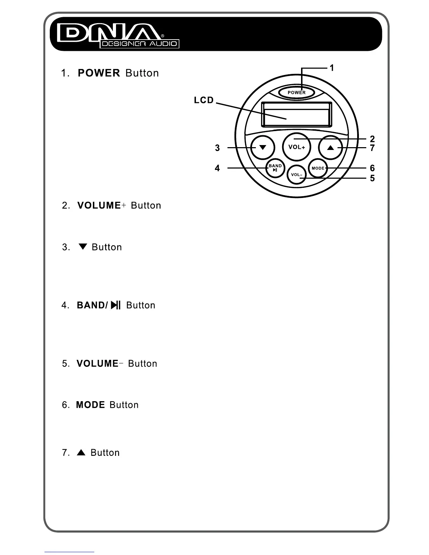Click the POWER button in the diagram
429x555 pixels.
click(297, 92)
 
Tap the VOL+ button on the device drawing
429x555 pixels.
click(297, 147)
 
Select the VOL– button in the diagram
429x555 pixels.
click(297, 175)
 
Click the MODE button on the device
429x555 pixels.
click(318, 168)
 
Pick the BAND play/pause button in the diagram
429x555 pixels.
click(275, 168)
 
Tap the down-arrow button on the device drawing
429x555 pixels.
click(263, 148)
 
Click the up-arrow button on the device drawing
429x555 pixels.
click(331, 148)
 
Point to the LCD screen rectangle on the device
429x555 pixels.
click(297, 114)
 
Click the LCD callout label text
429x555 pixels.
click(204, 100)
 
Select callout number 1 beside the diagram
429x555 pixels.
click(332, 68)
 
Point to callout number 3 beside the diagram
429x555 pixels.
click(217, 148)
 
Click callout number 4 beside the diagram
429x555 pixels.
click(217, 168)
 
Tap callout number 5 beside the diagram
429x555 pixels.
click(372, 178)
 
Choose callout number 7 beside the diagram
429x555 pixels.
click(372, 148)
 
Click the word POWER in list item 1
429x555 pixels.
click(99, 73)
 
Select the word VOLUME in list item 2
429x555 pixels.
click(99, 205)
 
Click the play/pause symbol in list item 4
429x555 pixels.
click(116, 305)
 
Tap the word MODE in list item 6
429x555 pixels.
click(90, 405)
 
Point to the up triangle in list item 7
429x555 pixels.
click(81, 452)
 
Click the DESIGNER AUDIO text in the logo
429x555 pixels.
click(139, 44)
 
